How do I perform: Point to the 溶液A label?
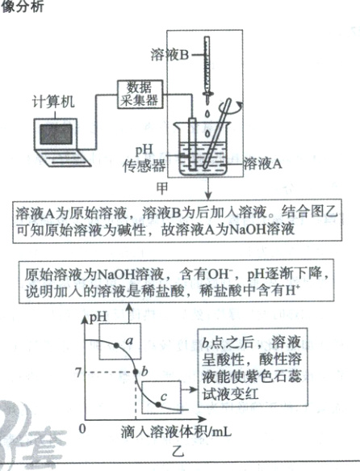[x=262, y=162]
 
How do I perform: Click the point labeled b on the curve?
[x=134, y=372]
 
